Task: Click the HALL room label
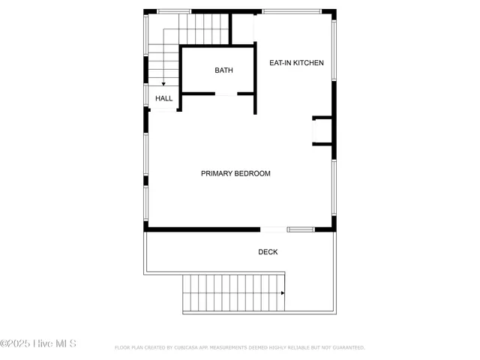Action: click(x=163, y=98)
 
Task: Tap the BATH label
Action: click(x=223, y=70)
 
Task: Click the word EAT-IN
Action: click(x=280, y=63)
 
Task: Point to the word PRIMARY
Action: click(x=217, y=174)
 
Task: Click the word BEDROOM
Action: click(x=253, y=174)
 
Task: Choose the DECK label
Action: click(x=268, y=252)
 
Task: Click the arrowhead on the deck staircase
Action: click(x=282, y=293)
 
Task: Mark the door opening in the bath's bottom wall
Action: click(x=226, y=94)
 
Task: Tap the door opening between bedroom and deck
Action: click(x=273, y=229)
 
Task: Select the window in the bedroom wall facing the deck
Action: click(x=300, y=229)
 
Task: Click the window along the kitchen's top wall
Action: click(x=292, y=11)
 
